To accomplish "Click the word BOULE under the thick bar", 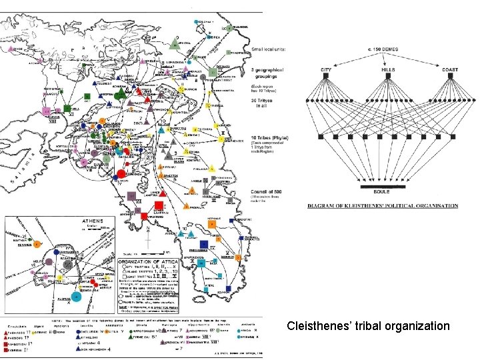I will click(382, 191).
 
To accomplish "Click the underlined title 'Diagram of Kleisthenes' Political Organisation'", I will click(383, 206).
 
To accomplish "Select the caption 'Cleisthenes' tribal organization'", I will click(367, 326).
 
